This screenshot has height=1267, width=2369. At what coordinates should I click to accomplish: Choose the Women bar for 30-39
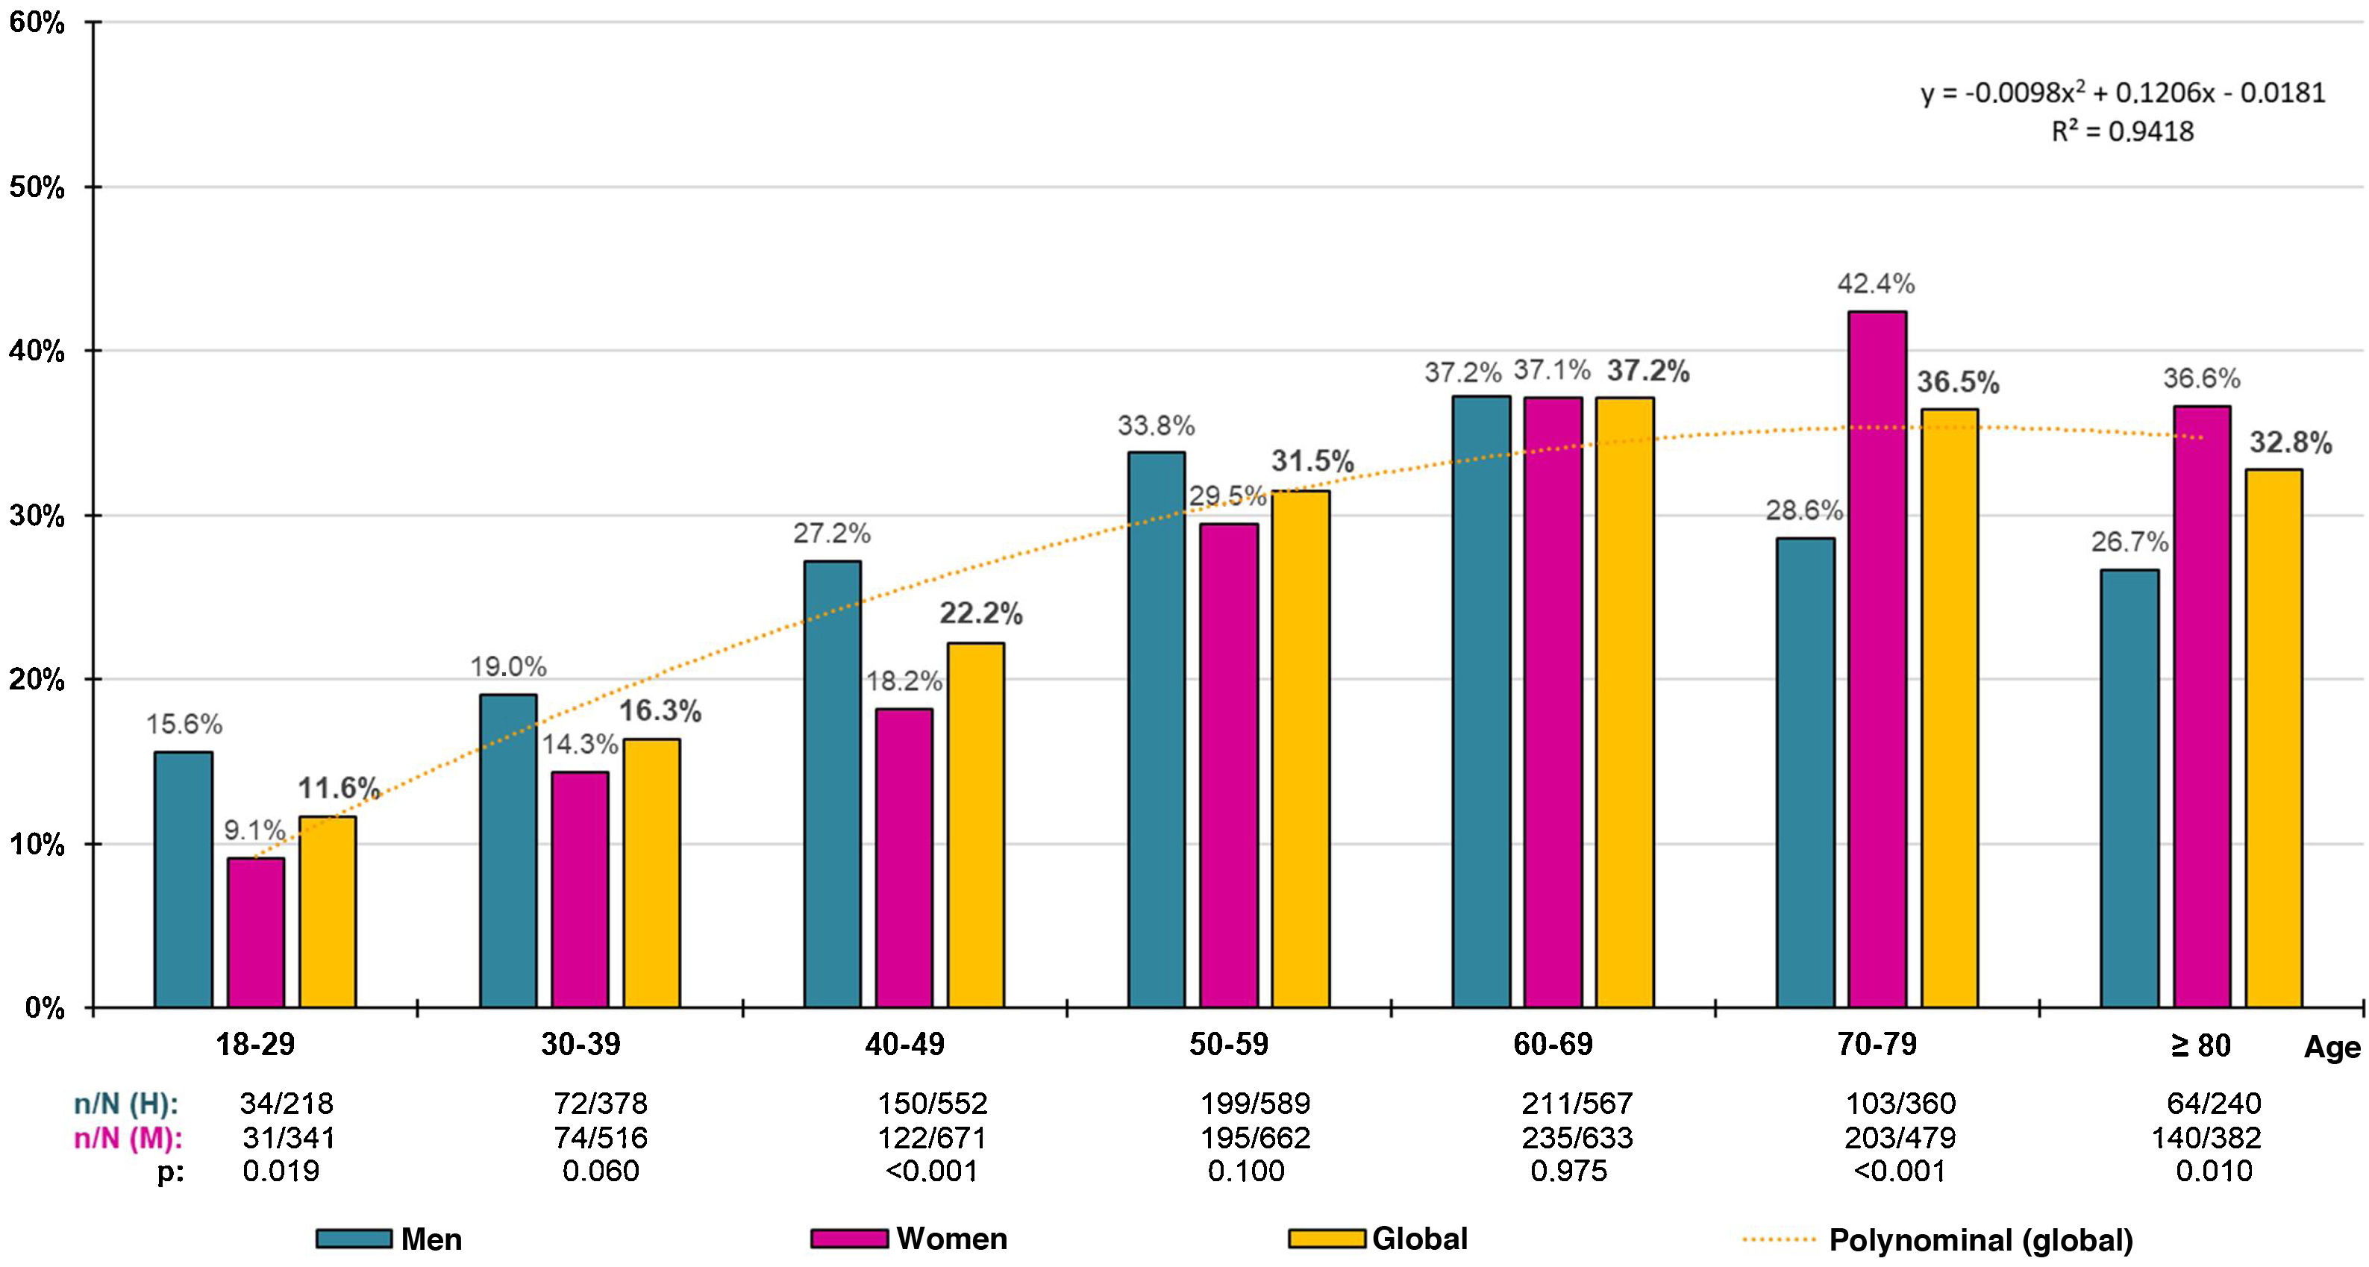579,889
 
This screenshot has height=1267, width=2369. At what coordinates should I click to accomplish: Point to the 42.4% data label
1876,284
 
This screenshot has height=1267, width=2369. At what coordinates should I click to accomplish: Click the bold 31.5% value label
1312,462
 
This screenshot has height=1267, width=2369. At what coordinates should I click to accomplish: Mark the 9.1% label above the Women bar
254,830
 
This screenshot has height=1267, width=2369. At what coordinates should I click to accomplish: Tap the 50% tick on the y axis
37,187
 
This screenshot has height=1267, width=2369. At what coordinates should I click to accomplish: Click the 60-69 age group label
1553,1045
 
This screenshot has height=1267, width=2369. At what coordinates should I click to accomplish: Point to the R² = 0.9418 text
2123,131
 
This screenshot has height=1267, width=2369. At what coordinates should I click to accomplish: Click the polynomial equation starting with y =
2123,93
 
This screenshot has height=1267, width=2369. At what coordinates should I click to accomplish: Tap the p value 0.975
1569,1171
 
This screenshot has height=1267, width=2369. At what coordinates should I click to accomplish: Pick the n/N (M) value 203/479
1900,1137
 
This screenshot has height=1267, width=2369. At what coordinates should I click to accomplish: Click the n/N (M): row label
128,1138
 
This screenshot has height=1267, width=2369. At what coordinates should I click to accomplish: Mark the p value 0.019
281,1171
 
